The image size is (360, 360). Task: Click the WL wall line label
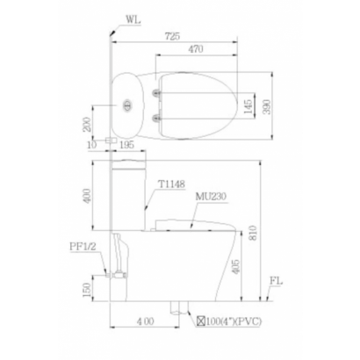tap(133, 20)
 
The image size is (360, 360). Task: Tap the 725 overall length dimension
tap(172, 36)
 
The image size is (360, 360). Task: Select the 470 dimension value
tap(196, 49)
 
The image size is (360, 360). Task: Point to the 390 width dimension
tap(267, 107)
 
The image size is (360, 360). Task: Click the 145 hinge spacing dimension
tap(248, 107)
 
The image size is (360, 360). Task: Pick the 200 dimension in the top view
tap(88, 124)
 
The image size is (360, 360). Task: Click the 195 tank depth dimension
tap(126, 144)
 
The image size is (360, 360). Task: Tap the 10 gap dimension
tap(92, 145)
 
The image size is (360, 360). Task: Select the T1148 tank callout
tap(171, 184)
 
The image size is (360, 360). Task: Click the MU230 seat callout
tap(211, 197)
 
